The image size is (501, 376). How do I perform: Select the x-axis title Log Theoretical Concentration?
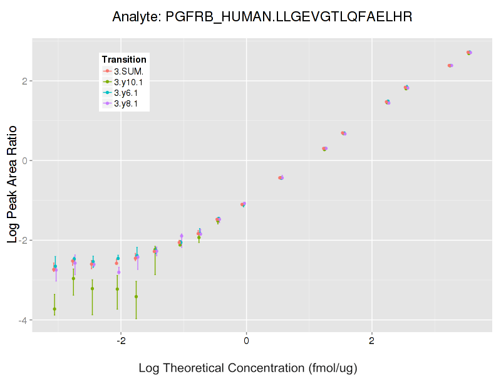click(247, 368)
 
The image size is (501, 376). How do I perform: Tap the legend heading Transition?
click(124, 60)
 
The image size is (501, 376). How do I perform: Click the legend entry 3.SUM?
click(128, 71)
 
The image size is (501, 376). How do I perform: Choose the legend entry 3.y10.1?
click(128, 81)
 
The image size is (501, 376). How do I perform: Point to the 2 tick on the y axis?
click(25, 81)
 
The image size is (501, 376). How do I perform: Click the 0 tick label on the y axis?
click(25, 160)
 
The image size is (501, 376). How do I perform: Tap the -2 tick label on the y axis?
click(23, 240)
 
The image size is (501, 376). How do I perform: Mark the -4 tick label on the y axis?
click(23, 320)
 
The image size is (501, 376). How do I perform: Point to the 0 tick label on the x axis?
click(246, 341)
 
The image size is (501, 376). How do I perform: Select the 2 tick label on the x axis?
click(372, 341)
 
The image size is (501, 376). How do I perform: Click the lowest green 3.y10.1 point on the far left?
click(54, 309)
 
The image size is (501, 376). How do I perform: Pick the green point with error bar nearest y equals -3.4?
click(136, 296)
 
